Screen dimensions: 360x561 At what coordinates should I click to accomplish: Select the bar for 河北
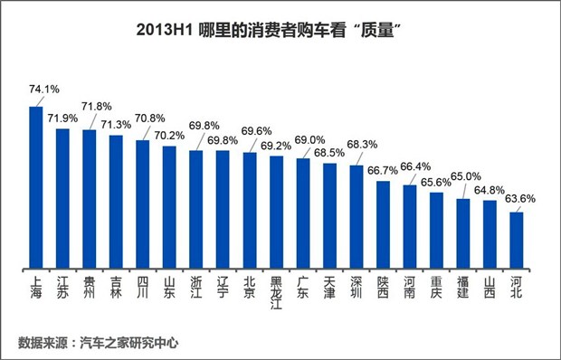[517, 241]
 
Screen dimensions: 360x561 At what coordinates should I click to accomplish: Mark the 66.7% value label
[389, 170]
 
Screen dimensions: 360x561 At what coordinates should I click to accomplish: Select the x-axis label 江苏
[62, 288]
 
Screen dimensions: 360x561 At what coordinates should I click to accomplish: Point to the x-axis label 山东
[169, 288]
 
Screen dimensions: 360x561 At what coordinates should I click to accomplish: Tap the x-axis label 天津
[329, 288]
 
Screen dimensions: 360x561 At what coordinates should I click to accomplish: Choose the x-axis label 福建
[462, 288]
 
